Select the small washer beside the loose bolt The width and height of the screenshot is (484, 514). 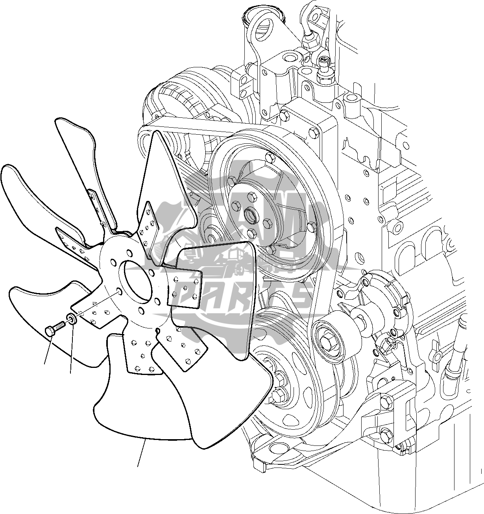(x=71, y=318)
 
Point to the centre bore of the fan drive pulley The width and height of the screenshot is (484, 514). (x=250, y=215)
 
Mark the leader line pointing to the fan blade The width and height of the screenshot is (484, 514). (x=142, y=453)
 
